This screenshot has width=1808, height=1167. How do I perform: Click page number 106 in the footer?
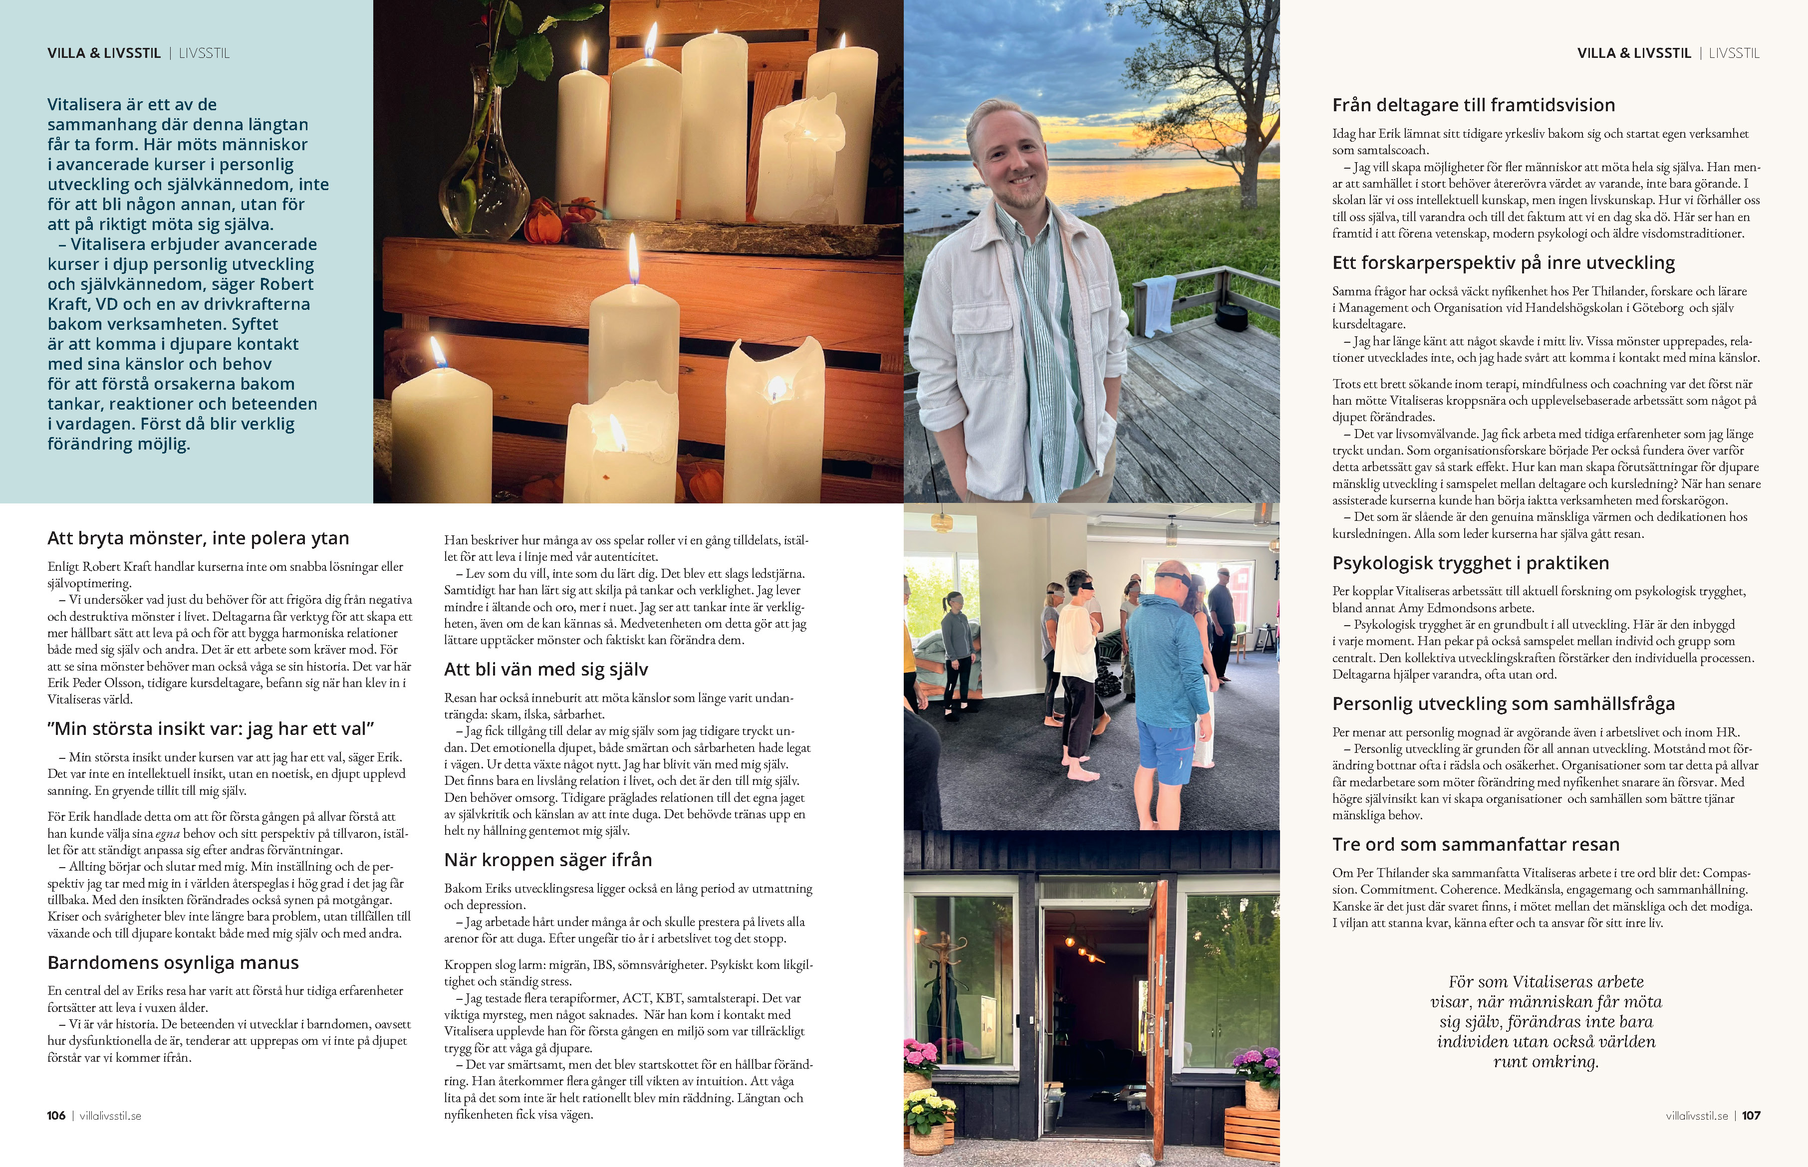pos(56,1116)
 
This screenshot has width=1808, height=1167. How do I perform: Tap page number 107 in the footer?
pos(1751,1116)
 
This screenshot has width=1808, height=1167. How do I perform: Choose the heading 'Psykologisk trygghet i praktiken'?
pos(1470,563)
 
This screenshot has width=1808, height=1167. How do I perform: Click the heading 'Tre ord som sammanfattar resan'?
pos(1475,844)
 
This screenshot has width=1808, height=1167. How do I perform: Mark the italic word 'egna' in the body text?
pos(168,834)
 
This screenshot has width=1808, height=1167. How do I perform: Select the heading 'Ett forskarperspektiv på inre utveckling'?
pos(1504,263)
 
